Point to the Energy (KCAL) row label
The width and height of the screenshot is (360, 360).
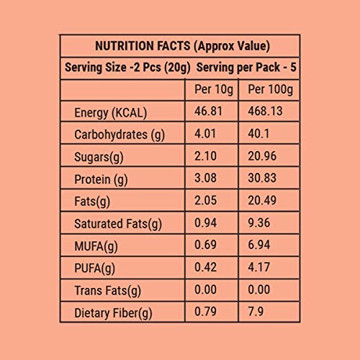click(x=110, y=113)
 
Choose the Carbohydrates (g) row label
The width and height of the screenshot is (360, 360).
click(x=120, y=135)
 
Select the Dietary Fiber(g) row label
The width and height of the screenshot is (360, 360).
click(x=114, y=312)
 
